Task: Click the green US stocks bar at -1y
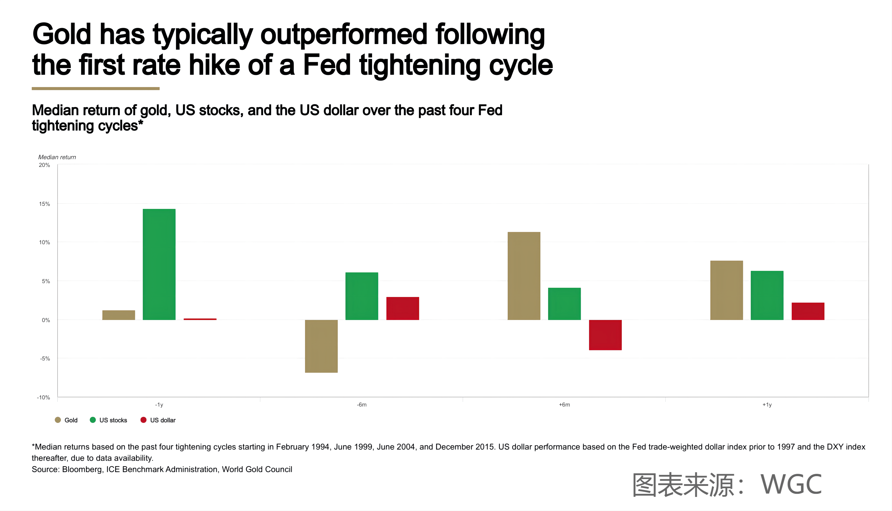[x=159, y=264]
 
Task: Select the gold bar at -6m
[x=321, y=346]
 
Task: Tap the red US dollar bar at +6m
[x=605, y=335]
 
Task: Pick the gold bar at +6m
[x=524, y=276]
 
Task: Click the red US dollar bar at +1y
[x=808, y=311]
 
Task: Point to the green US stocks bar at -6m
[x=362, y=296]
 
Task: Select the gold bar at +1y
[x=726, y=290]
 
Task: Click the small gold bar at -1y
[x=118, y=315]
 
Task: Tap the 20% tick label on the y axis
[x=45, y=165]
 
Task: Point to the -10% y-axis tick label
[x=43, y=397]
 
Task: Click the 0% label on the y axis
[x=46, y=320]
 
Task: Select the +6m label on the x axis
[x=564, y=405]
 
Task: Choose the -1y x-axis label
[x=159, y=405]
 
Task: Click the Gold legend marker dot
[x=58, y=420]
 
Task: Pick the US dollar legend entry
[x=158, y=420]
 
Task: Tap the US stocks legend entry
[x=108, y=420]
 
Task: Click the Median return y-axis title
[x=57, y=157]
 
